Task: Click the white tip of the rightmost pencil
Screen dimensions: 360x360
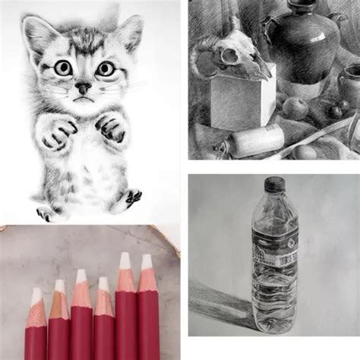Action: [x=146, y=263]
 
